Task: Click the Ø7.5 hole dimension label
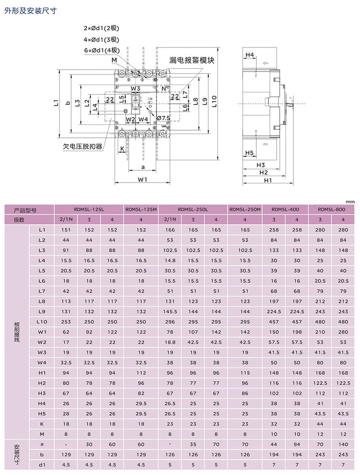tap(163, 118)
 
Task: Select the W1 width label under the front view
tap(142, 180)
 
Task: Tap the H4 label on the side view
tap(250, 55)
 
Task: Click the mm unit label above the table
tap(350, 202)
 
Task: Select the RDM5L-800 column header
tap(332, 209)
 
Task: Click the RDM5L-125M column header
tap(141, 209)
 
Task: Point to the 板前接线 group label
tap(18, 332)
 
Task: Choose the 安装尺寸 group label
tap(18, 454)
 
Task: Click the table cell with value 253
tap(66, 322)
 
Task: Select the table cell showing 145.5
tap(170, 311)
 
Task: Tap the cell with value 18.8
tap(170, 342)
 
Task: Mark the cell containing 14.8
tap(170, 260)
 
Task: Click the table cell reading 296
tap(170, 322)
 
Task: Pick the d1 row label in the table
tap(42, 464)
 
